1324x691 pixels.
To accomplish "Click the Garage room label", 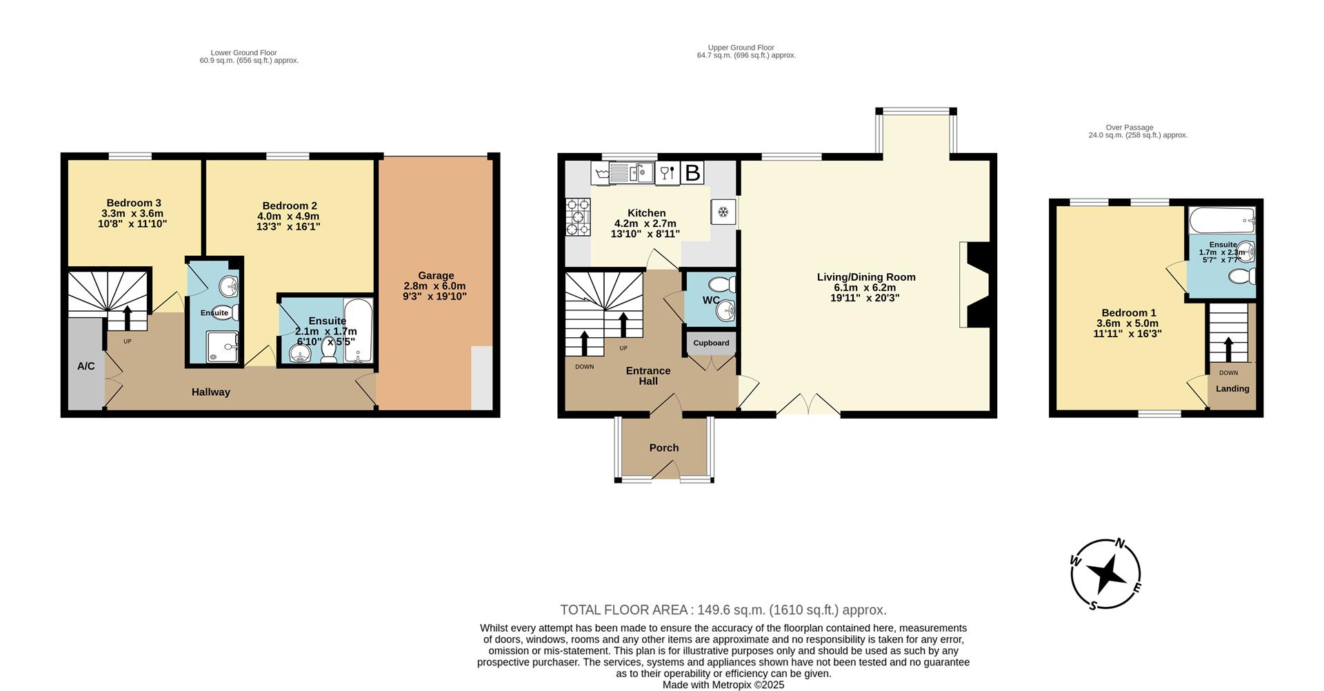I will click(x=435, y=275).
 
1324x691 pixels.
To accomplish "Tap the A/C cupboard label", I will click(x=86, y=366).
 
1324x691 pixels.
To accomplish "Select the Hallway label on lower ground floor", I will click(x=211, y=392).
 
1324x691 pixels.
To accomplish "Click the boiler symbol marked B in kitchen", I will click(x=692, y=172).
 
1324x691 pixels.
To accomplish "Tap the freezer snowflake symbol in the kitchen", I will click(x=723, y=212).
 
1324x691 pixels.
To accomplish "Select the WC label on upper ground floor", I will click(x=711, y=300).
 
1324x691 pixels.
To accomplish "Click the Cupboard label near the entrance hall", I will click(x=711, y=343).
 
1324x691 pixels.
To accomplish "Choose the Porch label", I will click(x=664, y=448).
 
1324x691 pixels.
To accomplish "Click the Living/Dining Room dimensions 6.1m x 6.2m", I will click(x=865, y=288).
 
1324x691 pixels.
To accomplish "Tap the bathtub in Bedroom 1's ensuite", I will click(x=1221, y=221).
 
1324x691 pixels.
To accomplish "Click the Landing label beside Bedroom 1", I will click(x=1232, y=388).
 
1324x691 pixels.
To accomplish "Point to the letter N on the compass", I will click(x=1121, y=543).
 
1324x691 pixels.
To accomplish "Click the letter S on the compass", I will click(x=1093, y=606).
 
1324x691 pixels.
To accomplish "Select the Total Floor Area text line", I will click(x=723, y=610).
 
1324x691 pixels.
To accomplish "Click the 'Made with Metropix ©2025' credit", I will click(x=723, y=685).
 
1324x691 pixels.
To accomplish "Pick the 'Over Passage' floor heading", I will click(x=1129, y=128).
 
